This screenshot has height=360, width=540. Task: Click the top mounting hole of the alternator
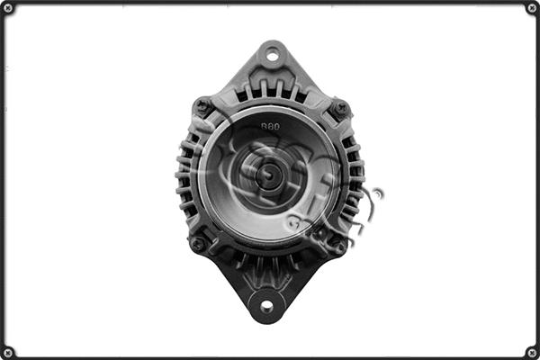coord(271,56)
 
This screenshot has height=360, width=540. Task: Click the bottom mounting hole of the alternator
coord(266,306)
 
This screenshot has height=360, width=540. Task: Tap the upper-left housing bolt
coord(203,106)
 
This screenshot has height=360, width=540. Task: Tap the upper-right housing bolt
coord(340,108)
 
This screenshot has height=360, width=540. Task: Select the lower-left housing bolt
coord(198,243)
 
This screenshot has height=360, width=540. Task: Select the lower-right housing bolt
coord(339,245)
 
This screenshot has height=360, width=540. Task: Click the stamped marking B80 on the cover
coord(269,127)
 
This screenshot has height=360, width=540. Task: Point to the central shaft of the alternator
coord(267,175)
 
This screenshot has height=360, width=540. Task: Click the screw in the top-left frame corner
coord(7,7)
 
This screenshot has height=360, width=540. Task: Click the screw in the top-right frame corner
coord(532,7)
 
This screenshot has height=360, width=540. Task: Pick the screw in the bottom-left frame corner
coord(7,352)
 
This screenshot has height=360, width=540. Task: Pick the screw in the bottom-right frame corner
coord(532,352)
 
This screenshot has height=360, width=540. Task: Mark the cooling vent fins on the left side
coord(186,175)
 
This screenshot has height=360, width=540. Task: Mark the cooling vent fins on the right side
coord(355,175)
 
